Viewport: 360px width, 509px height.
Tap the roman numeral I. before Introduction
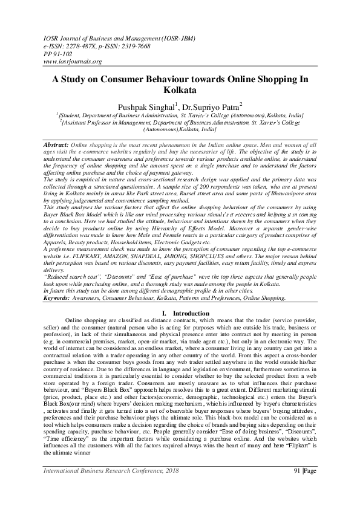[x=165, y=313]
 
